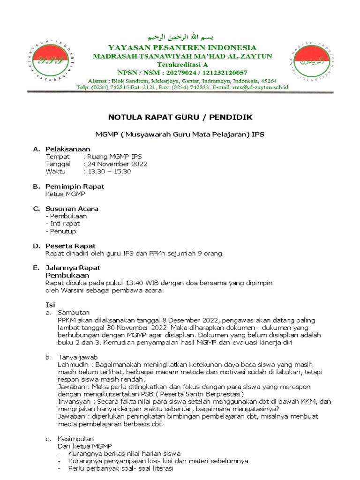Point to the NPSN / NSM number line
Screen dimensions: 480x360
[x=182, y=72]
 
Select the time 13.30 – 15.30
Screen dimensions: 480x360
[x=109, y=172]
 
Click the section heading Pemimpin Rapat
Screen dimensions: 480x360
[x=75, y=187]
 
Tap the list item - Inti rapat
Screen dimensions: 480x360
[x=62, y=224]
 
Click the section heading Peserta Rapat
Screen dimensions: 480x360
[x=70, y=246]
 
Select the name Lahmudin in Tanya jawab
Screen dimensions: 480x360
[x=71, y=365]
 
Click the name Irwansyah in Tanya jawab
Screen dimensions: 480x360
[x=73, y=402]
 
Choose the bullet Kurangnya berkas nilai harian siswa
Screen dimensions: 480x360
[x=124, y=454]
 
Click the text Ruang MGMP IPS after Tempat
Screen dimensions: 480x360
[x=114, y=157]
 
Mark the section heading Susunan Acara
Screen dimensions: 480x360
[x=72, y=209]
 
